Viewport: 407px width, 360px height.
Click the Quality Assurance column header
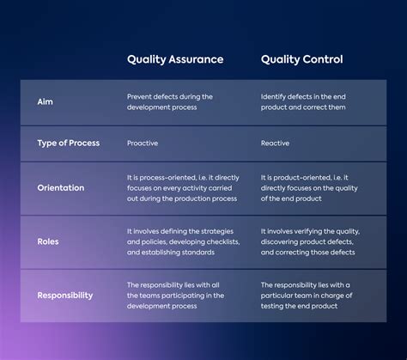175,59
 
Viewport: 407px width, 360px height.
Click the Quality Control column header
301,59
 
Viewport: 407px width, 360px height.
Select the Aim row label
46,102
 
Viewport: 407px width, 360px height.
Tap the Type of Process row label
69,143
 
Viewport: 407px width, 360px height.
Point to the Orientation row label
60,187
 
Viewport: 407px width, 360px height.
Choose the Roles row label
48,242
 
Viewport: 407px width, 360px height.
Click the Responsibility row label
65,296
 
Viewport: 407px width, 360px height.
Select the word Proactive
143,143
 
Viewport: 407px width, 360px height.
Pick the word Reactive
276,143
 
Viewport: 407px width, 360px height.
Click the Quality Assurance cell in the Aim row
170,102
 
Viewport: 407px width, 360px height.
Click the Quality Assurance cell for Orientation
181,187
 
